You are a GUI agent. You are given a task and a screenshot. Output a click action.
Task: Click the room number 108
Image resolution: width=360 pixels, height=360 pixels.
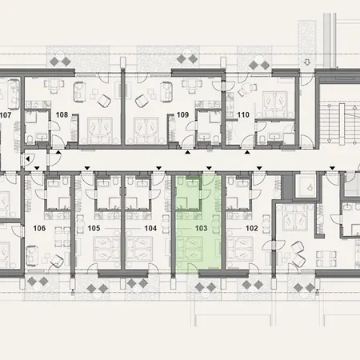point(62,114)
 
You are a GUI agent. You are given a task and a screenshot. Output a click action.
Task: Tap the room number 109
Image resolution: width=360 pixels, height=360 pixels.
point(182,115)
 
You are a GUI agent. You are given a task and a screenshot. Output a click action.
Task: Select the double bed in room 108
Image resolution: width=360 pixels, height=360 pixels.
point(98,126)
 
